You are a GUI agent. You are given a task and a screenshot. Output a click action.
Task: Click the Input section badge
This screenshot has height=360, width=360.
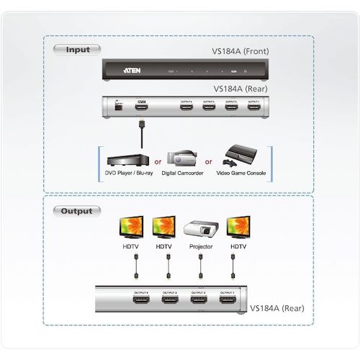78,50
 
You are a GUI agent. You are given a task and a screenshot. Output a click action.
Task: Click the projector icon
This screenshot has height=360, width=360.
200,228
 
